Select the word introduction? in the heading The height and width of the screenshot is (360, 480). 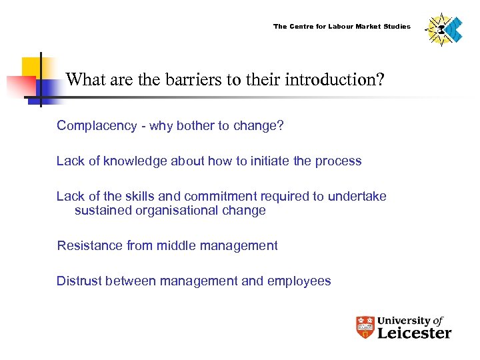coord(335,81)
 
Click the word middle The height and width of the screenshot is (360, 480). coord(175,245)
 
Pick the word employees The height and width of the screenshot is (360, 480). coord(299,281)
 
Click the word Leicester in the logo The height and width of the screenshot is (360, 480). coord(414,333)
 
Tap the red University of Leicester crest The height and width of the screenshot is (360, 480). coord(365,327)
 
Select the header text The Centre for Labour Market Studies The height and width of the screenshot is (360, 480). coord(341,27)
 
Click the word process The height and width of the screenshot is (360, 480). coord(339,161)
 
